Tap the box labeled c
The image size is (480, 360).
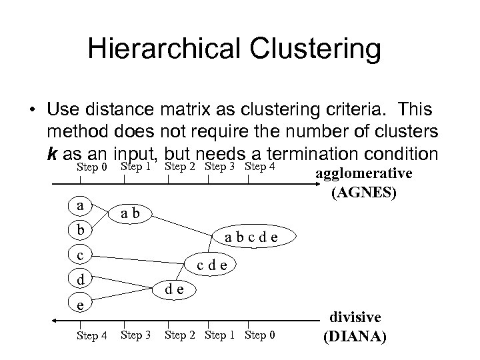[81, 255]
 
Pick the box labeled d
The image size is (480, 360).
[81, 279]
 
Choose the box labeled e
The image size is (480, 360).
[81, 303]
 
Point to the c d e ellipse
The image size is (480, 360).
[215, 265]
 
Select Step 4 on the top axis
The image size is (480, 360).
[261, 166]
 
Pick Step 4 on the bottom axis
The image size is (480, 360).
[92, 335]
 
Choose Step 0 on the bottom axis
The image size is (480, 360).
[261, 334]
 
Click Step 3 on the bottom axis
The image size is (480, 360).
[135, 334]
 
